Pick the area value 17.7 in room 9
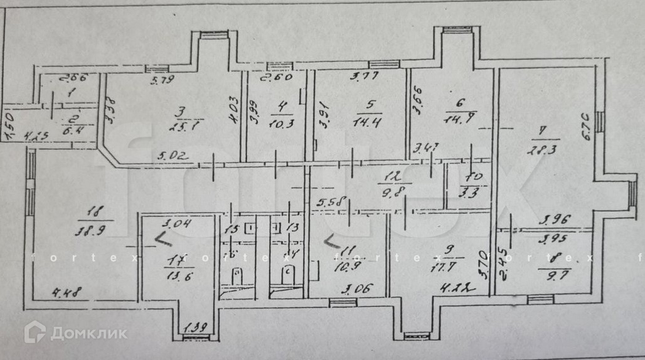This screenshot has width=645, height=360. [x=450, y=268]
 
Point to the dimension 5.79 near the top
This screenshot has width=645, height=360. [x=162, y=79]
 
